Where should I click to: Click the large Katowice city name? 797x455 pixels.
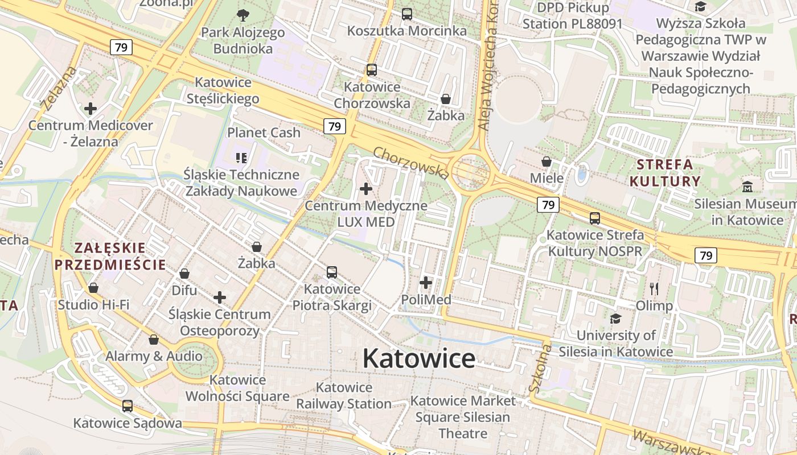(x=418, y=358)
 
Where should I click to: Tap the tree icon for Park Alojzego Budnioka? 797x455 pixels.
(x=243, y=15)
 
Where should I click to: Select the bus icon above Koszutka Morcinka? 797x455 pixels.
(x=406, y=14)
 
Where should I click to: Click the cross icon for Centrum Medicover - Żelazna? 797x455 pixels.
(x=90, y=108)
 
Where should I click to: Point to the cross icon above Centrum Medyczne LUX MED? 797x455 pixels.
(x=366, y=188)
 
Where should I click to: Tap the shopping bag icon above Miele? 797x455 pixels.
(x=547, y=162)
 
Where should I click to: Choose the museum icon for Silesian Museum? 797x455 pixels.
(x=747, y=187)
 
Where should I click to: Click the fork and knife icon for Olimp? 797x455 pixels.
(x=654, y=289)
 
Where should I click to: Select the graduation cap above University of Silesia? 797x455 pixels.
(x=615, y=318)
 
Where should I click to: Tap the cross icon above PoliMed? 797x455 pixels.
(x=426, y=282)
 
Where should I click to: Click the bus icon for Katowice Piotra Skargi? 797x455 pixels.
(x=332, y=272)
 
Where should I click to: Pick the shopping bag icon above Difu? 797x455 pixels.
(x=184, y=274)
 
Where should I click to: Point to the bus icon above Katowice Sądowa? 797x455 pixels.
(x=128, y=406)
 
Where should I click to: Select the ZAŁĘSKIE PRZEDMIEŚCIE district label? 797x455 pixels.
(x=110, y=257)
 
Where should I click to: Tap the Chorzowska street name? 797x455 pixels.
(x=411, y=162)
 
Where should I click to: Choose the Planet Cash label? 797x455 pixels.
(x=264, y=133)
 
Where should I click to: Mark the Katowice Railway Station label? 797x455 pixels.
(x=344, y=396)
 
